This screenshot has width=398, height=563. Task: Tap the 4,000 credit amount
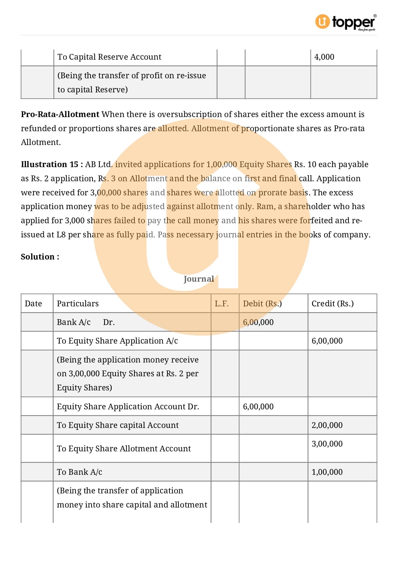(x=324, y=57)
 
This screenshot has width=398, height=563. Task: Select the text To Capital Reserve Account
(x=109, y=57)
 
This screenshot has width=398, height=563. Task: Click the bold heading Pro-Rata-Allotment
(x=60, y=115)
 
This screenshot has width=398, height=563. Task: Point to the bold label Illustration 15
(x=50, y=165)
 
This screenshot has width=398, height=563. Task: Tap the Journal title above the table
(x=199, y=279)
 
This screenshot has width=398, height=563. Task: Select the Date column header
(x=33, y=304)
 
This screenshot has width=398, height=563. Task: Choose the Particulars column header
(x=78, y=304)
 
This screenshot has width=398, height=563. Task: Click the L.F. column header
(x=222, y=304)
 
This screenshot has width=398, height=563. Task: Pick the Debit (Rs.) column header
(x=262, y=304)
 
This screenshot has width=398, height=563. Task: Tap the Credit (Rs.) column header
(x=333, y=304)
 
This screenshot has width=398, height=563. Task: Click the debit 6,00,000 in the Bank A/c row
(x=258, y=322)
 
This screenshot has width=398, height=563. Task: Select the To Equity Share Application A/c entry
(x=117, y=341)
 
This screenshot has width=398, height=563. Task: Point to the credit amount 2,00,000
(x=327, y=425)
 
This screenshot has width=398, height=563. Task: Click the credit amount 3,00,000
(x=327, y=444)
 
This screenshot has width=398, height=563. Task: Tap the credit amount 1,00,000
(x=327, y=472)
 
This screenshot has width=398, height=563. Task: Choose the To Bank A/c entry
(x=79, y=472)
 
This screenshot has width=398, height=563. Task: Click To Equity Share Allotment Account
(x=124, y=449)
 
